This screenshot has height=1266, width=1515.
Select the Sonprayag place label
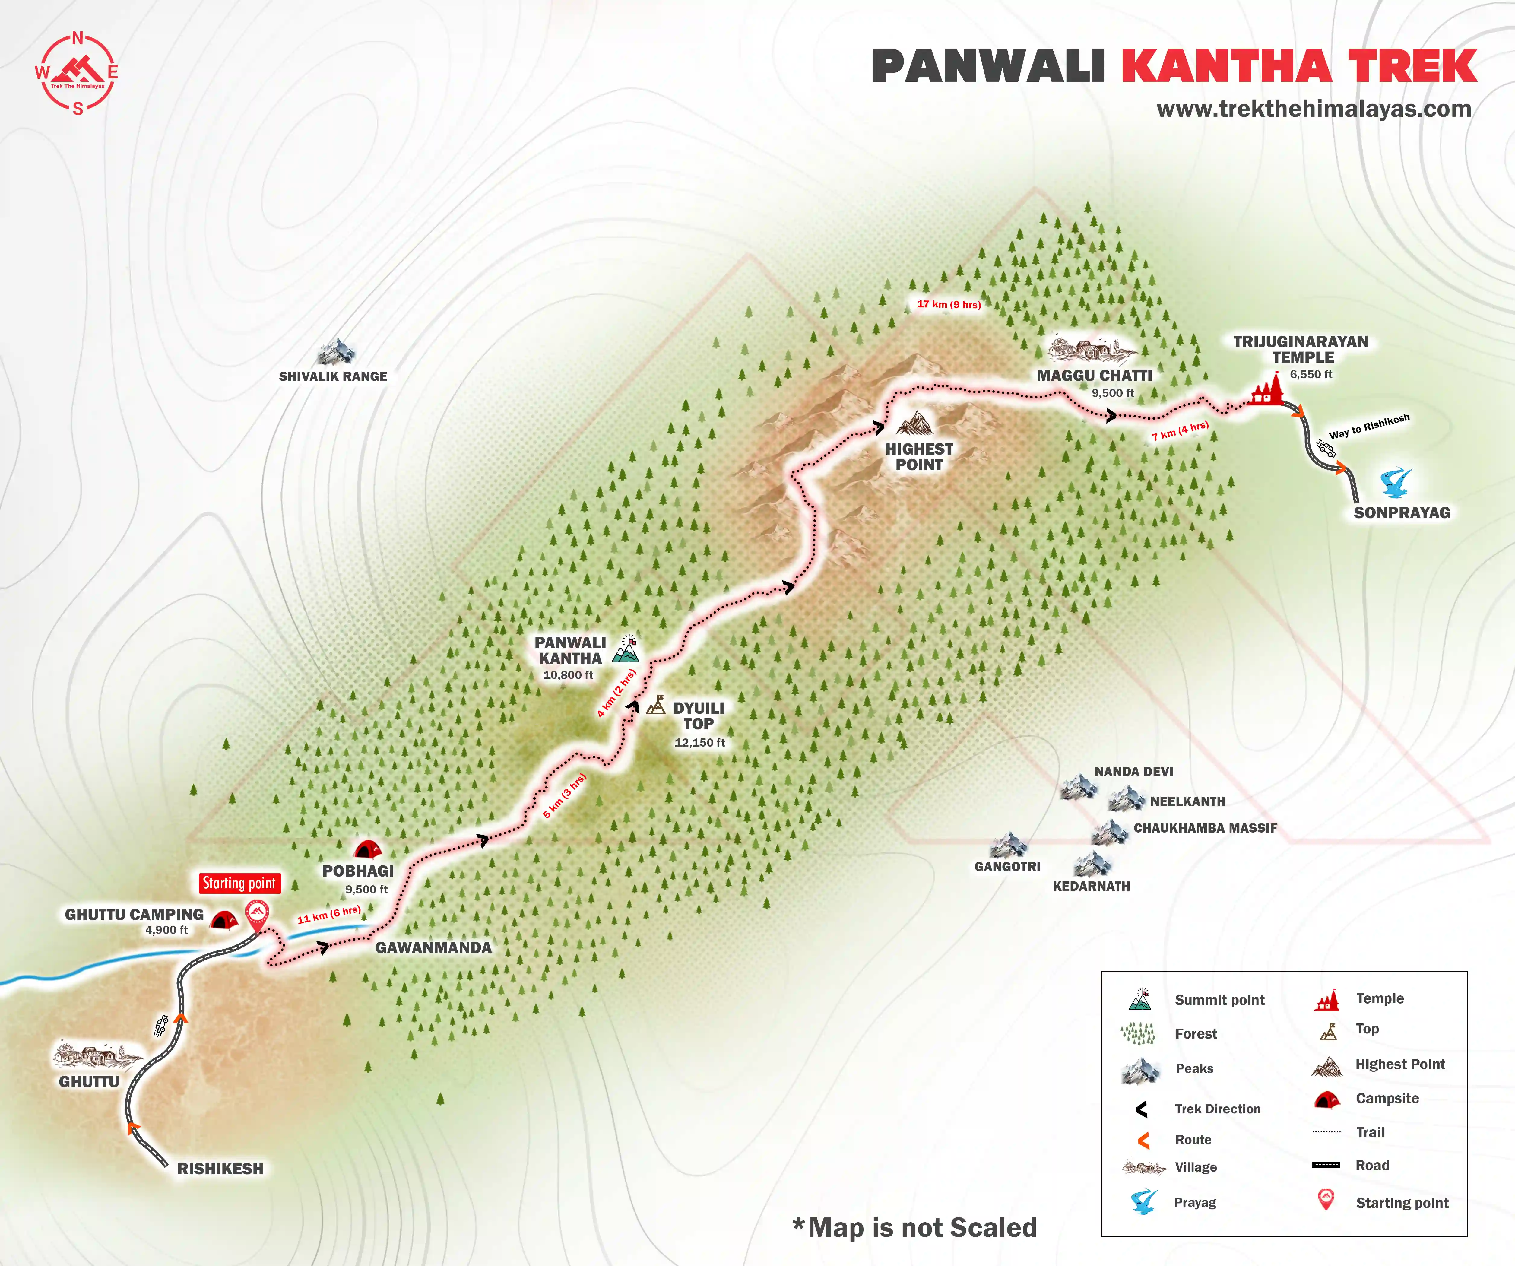(x=1401, y=513)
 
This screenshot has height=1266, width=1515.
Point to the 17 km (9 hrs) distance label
(x=949, y=304)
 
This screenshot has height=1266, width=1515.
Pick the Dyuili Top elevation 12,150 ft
(x=699, y=742)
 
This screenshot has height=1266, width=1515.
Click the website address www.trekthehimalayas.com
(x=1313, y=109)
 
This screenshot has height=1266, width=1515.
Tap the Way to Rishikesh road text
(x=1368, y=426)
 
